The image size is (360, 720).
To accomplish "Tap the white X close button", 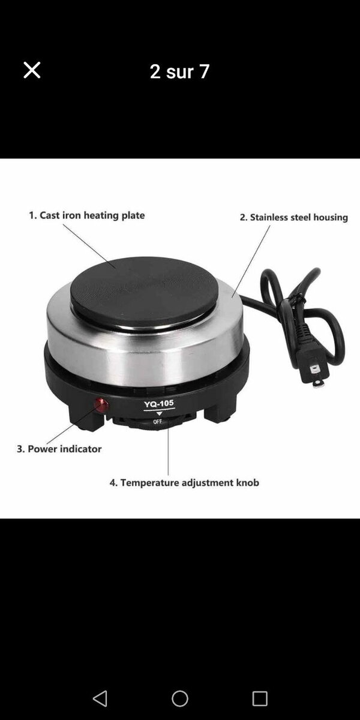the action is (x=32, y=70).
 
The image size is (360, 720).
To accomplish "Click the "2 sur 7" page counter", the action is (x=179, y=71).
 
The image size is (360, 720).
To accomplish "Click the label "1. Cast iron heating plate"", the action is (x=87, y=215).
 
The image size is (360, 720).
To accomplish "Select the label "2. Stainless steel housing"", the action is (x=294, y=217).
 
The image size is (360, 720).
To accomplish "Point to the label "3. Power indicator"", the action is (x=59, y=449).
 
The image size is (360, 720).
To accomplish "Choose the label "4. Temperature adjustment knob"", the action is (x=184, y=482).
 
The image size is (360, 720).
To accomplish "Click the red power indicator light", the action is (x=101, y=405).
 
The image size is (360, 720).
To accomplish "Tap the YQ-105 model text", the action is (x=159, y=404).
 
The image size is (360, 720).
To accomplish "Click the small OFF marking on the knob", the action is (x=157, y=421).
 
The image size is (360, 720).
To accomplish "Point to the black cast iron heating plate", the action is (x=143, y=291).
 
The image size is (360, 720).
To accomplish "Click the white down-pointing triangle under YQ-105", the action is (x=159, y=413).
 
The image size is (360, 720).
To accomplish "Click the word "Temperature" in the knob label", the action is (x=150, y=483).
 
